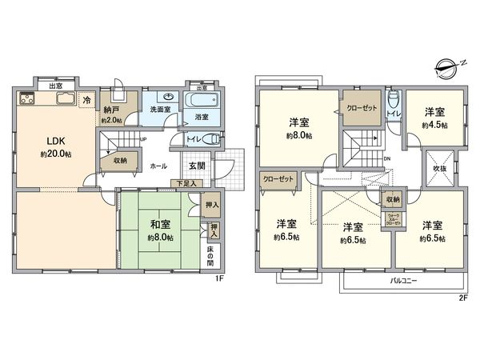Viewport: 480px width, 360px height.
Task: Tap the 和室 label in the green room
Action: pyautogui.click(x=158, y=226)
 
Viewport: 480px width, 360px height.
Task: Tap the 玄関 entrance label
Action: pyautogui.click(x=196, y=166)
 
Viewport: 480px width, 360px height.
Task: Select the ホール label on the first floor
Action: pyautogui.click(x=158, y=166)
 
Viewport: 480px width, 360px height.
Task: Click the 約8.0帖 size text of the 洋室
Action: pyautogui.click(x=299, y=135)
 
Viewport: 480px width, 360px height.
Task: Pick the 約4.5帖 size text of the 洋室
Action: pyautogui.click(x=435, y=125)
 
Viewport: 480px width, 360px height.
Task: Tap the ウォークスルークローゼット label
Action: pyautogui.click(x=393, y=221)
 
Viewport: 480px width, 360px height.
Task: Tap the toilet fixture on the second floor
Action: pyautogui.click(x=391, y=101)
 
